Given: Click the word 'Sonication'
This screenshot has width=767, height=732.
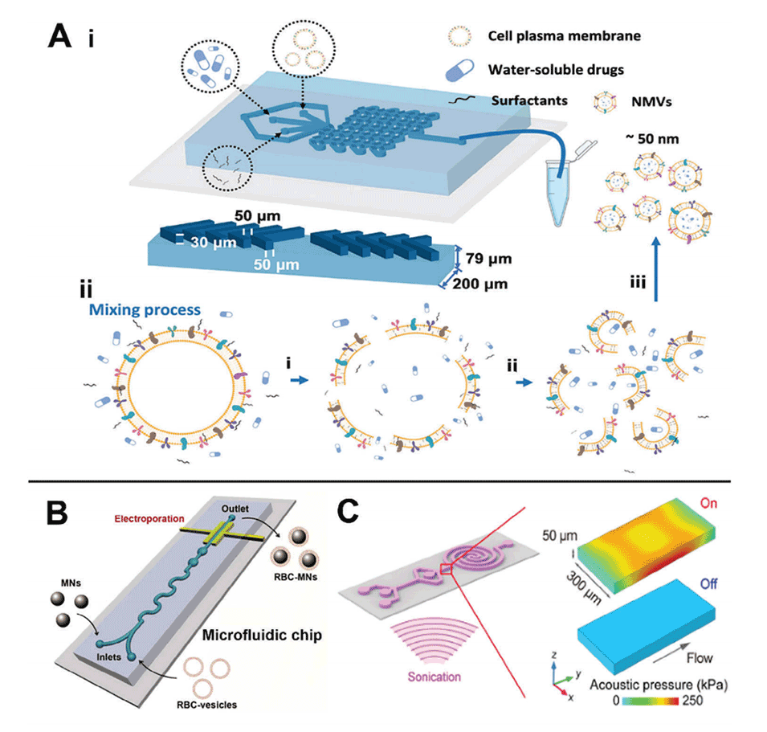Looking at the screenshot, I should point(433,676).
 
